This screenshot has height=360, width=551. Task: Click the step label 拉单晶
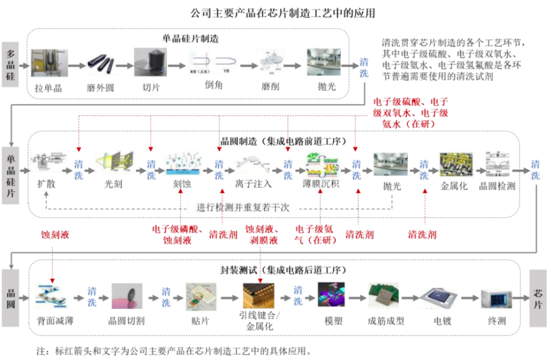click(48, 87)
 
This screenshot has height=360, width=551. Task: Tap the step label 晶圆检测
click(497, 186)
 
